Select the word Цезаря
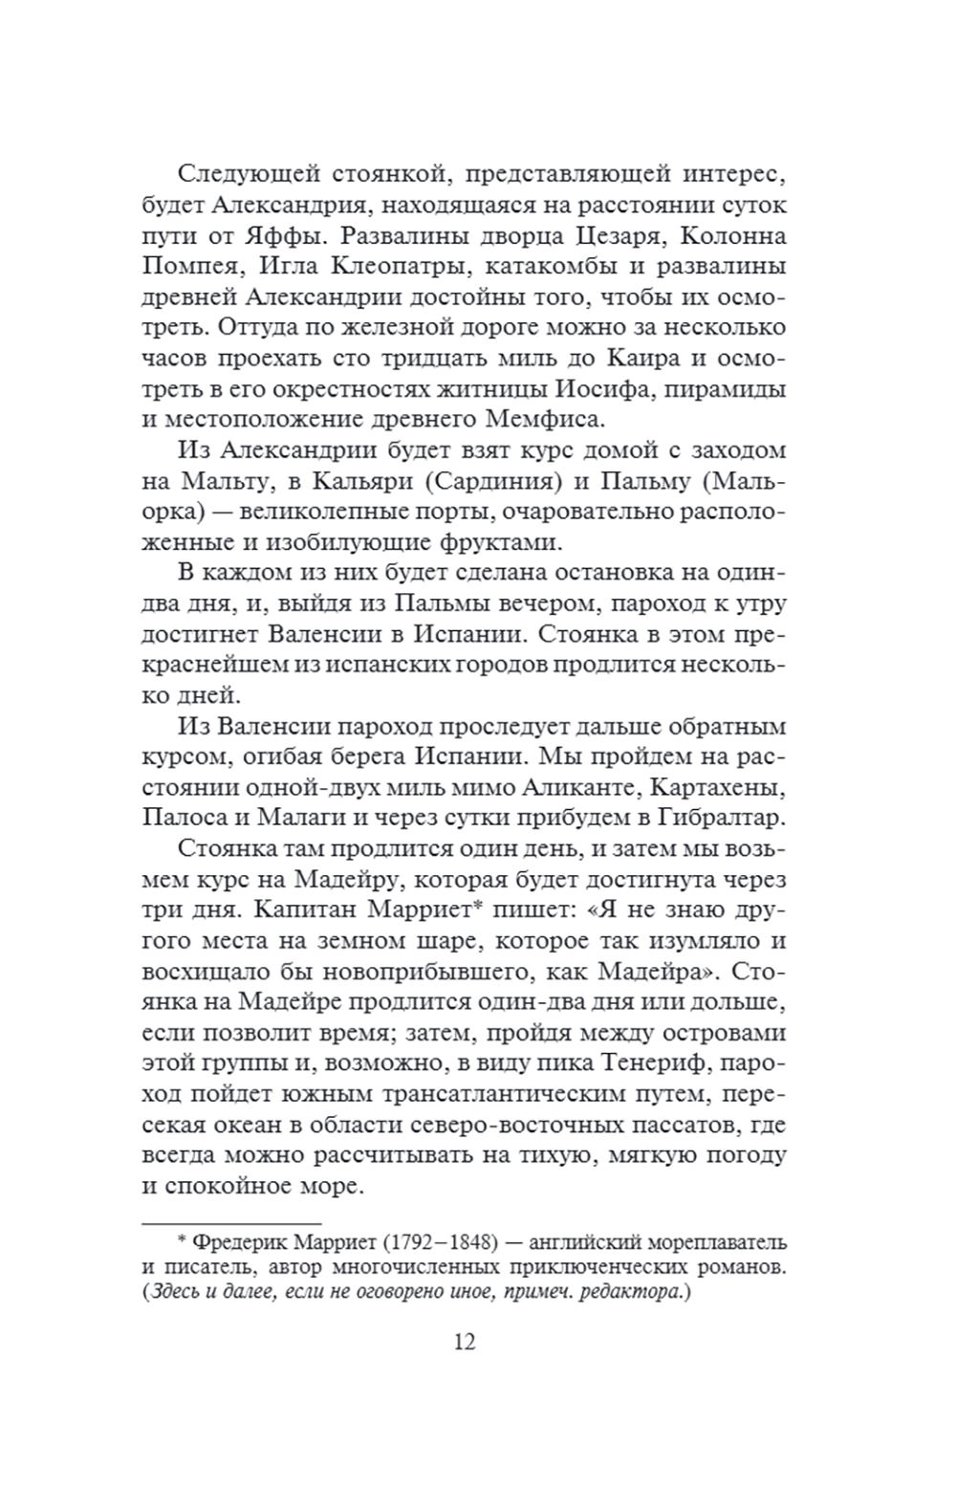coord(614,236)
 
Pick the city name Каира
coord(641,359)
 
